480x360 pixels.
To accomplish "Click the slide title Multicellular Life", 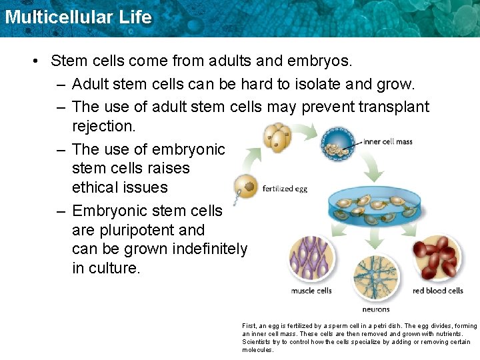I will (78, 17).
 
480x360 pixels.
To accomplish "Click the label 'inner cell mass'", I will (388, 142).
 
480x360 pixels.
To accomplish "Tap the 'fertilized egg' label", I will (285, 189).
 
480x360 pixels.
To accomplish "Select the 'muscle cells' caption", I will (311, 291).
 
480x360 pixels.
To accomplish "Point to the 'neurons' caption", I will (376, 309).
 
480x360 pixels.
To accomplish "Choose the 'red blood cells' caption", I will (438, 291).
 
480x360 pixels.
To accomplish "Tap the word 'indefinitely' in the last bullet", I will (210, 249).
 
